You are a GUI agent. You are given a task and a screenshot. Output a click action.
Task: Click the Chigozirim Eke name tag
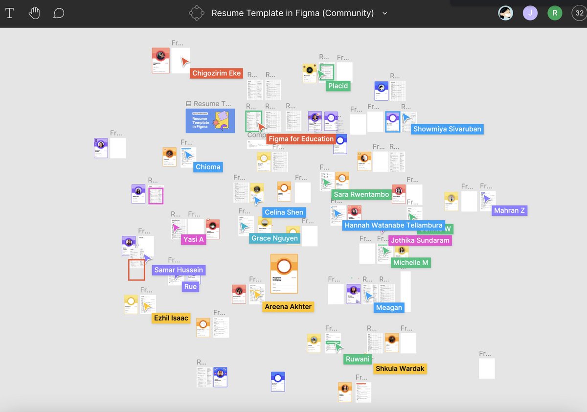pyautogui.click(x=216, y=73)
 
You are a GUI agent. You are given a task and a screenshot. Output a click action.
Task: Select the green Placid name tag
pyautogui.click(x=338, y=86)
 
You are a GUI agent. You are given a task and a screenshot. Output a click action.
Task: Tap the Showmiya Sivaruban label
pyautogui.click(x=447, y=129)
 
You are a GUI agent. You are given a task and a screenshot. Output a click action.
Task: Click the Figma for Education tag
pyautogui.click(x=301, y=139)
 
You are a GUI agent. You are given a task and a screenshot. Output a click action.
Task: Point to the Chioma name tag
pyautogui.click(x=208, y=167)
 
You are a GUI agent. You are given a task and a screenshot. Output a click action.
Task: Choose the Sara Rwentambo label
pyautogui.click(x=361, y=195)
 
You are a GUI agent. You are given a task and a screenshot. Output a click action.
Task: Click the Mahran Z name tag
pyautogui.click(x=510, y=210)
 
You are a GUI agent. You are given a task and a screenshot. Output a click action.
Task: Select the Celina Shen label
pyautogui.click(x=284, y=212)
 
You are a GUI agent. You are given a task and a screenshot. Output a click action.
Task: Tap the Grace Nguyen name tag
pyautogui.click(x=274, y=238)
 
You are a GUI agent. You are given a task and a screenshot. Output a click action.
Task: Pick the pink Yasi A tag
pyautogui.click(x=193, y=239)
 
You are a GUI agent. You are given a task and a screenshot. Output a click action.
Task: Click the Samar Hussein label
pyautogui.click(x=178, y=270)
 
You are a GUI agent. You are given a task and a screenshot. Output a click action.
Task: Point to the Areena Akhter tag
pyautogui.click(x=288, y=307)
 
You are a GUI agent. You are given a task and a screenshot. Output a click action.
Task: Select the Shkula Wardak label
pyautogui.click(x=400, y=368)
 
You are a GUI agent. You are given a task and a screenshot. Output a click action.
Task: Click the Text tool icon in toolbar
pyautogui.click(x=9, y=13)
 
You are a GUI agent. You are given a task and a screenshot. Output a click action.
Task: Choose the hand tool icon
pyautogui.click(x=34, y=13)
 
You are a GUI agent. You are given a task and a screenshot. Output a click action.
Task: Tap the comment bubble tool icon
pyautogui.click(x=59, y=13)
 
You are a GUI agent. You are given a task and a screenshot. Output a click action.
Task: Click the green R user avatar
pyautogui.click(x=555, y=13)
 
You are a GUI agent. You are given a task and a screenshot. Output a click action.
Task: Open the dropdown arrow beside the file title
pyautogui.click(x=384, y=13)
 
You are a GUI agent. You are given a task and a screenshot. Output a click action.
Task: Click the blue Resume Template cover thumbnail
pyautogui.click(x=210, y=121)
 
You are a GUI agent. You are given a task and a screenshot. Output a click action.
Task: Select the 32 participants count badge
pyautogui.click(x=579, y=13)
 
